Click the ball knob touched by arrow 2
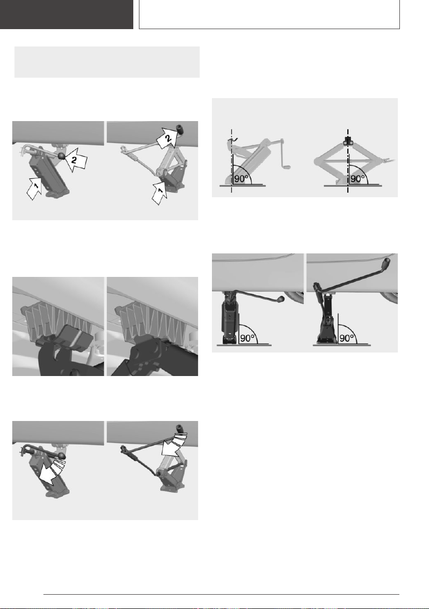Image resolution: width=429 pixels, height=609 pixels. (x=62, y=156)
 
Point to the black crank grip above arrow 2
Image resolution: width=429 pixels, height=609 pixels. (x=180, y=128)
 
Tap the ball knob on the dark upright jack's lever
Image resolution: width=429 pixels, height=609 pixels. (x=280, y=299)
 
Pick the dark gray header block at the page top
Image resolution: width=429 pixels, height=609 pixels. (x=66, y=14)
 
